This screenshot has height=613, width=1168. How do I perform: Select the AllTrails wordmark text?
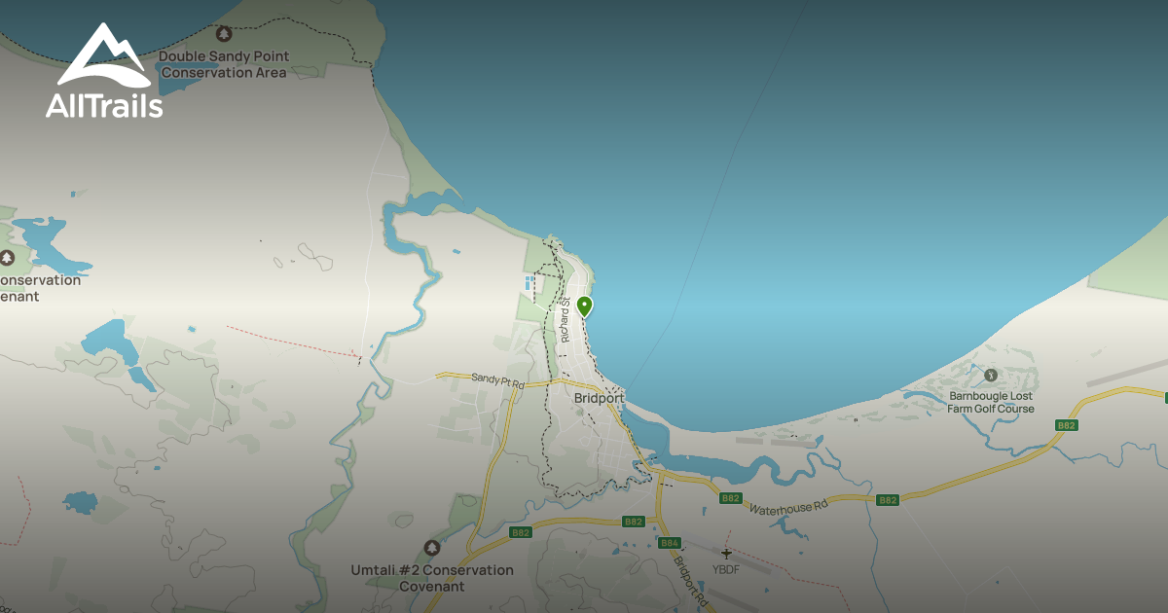104,105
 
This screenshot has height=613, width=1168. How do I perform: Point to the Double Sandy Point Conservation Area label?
224,64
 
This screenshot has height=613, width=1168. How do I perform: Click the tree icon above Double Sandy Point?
224,34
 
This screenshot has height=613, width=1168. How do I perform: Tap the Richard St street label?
565,319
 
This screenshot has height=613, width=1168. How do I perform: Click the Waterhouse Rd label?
787,507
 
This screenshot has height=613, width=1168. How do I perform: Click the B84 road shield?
669,543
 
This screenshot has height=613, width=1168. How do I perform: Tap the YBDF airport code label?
726,569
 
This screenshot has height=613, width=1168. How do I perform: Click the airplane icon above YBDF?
726,554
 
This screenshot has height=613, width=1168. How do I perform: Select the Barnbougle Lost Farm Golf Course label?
991,403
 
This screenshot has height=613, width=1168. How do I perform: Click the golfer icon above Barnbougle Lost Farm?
991,375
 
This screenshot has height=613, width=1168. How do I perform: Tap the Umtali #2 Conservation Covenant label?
432,578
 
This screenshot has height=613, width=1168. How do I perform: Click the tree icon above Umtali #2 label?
432,549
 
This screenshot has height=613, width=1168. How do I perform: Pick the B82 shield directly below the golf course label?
1067,425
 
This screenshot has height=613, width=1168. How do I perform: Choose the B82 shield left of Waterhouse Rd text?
731,498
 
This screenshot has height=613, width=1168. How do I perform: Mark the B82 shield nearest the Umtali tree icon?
521,532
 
